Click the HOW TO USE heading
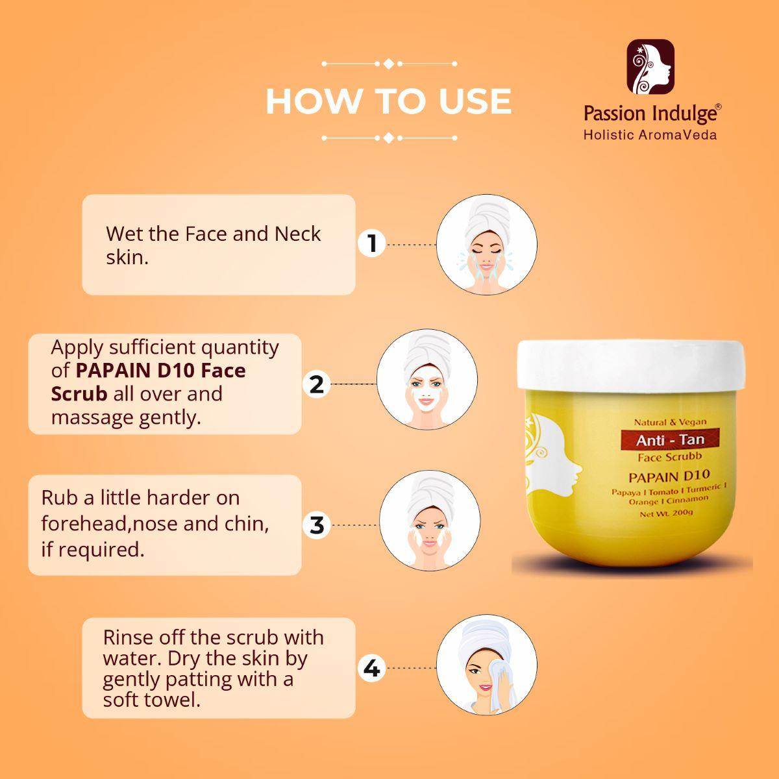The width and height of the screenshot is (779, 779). [388, 101]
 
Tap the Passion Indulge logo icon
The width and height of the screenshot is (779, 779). [650, 67]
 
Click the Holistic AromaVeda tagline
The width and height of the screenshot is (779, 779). [650, 134]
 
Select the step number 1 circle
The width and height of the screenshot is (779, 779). [371, 244]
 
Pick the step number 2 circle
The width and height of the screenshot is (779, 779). [317, 384]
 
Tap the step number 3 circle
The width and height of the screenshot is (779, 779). [317, 525]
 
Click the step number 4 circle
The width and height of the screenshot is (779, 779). [371, 668]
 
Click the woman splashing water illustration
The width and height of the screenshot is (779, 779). [487, 245]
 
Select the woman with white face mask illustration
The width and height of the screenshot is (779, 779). [427, 380]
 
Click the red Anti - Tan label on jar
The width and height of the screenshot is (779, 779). [670, 439]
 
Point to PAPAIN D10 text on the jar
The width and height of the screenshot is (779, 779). [669, 476]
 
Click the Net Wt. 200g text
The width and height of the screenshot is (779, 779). [666, 513]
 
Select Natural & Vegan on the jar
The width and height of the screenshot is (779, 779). [670, 422]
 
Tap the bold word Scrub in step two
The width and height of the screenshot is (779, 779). [79, 394]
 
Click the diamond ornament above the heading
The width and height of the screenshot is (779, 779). [388, 64]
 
